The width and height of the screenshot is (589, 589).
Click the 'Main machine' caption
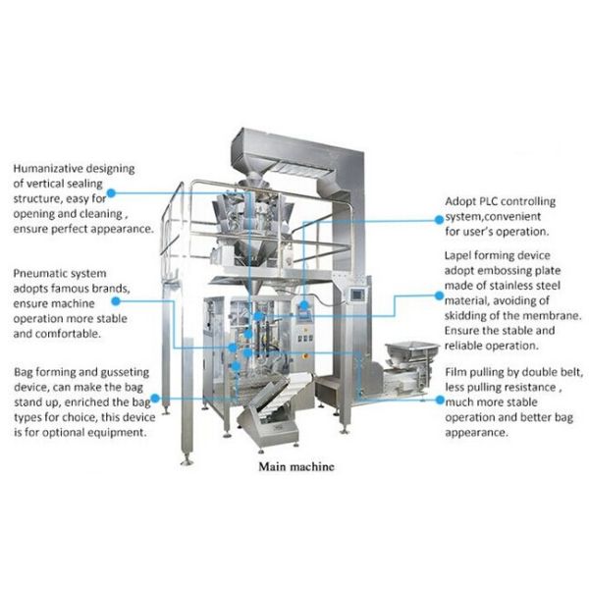tap(295, 466)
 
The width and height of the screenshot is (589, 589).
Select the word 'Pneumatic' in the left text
tap(45, 273)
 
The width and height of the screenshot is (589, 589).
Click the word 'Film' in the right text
tap(459, 373)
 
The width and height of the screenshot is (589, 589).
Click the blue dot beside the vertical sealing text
tap(110, 194)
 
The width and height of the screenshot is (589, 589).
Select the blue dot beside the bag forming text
tap(158, 399)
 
